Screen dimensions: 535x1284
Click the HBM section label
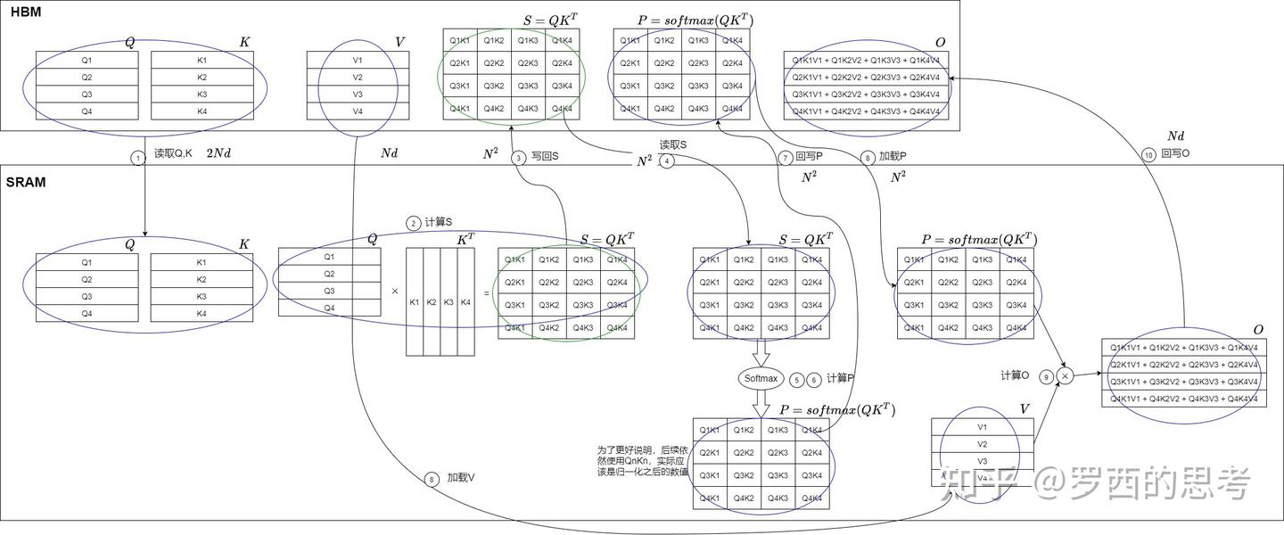pos(26,12)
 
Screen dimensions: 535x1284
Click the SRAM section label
pos(26,182)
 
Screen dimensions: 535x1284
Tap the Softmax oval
pos(761,379)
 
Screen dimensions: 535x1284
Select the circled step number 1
pos(137,158)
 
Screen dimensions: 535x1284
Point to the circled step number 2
pos(413,223)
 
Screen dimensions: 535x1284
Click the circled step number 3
pos(519,158)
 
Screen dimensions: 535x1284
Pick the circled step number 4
pos(667,160)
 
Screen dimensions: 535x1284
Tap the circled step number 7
pos(785,158)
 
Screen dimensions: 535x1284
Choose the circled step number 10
pos(1148,153)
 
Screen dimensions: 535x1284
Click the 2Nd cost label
pos(218,153)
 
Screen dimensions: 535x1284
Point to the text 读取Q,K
pos(173,153)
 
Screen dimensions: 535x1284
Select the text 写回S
pos(544,157)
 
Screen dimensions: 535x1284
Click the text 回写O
pos(1175,153)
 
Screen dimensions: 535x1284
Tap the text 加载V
pos(461,478)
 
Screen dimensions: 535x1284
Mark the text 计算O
pos(1015,375)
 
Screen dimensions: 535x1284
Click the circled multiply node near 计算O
pos(1064,376)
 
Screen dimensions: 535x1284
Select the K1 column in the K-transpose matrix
pos(415,301)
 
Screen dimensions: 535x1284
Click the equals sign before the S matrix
pos(486,292)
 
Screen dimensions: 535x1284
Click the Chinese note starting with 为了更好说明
pos(643,460)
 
